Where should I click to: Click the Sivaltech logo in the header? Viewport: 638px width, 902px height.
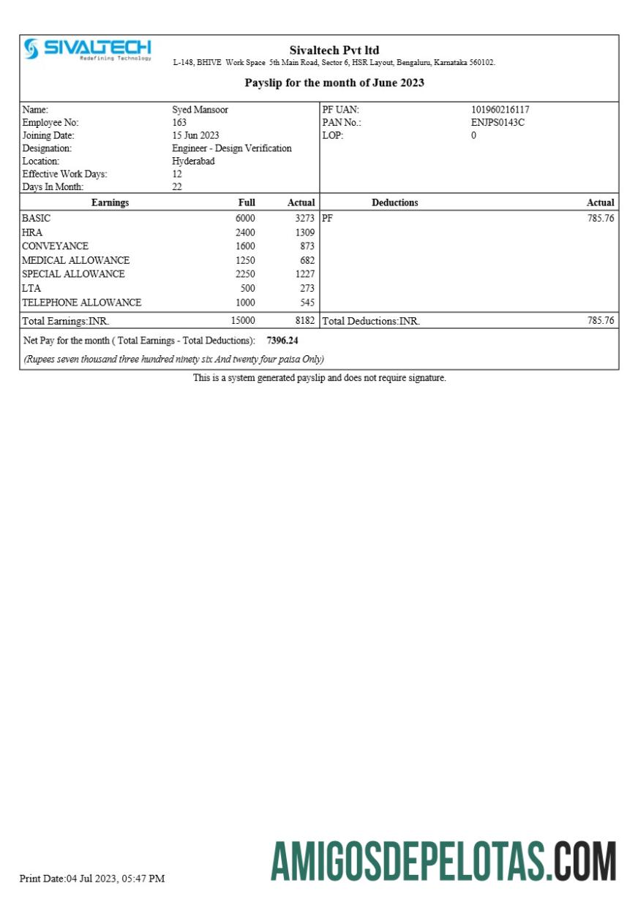tap(87, 50)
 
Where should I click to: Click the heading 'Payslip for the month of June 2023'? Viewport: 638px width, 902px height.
tap(334, 83)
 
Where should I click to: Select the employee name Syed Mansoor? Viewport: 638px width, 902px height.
tap(200, 110)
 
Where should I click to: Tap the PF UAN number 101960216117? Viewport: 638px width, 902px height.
tap(500, 110)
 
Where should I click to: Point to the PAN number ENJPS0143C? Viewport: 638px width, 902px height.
tap(498, 123)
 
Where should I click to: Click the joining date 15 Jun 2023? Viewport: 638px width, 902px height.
tap(195, 135)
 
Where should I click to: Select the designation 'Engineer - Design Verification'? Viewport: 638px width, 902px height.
tap(231, 148)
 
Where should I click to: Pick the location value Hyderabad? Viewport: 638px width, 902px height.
tap(193, 161)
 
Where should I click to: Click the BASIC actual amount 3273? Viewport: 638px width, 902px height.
tap(304, 219)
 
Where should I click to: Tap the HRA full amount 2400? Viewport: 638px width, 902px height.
tap(245, 232)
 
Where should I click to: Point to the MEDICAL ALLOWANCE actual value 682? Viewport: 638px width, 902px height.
tap(307, 260)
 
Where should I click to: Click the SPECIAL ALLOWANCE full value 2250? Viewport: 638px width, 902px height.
tap(245, 274)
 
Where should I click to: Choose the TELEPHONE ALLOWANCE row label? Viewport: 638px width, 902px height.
tap(81, 302)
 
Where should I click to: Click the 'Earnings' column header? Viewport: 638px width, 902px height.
tap(110, 202)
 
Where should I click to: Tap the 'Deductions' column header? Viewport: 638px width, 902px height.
tap(394, 202)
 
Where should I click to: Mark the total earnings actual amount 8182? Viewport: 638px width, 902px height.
tap(304, 320)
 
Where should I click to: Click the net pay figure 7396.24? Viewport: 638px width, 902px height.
tap(282, 341)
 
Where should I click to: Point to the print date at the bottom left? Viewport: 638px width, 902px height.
tap(91, 878)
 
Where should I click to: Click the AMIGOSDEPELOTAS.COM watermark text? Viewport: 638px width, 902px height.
tap(443, 861)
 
